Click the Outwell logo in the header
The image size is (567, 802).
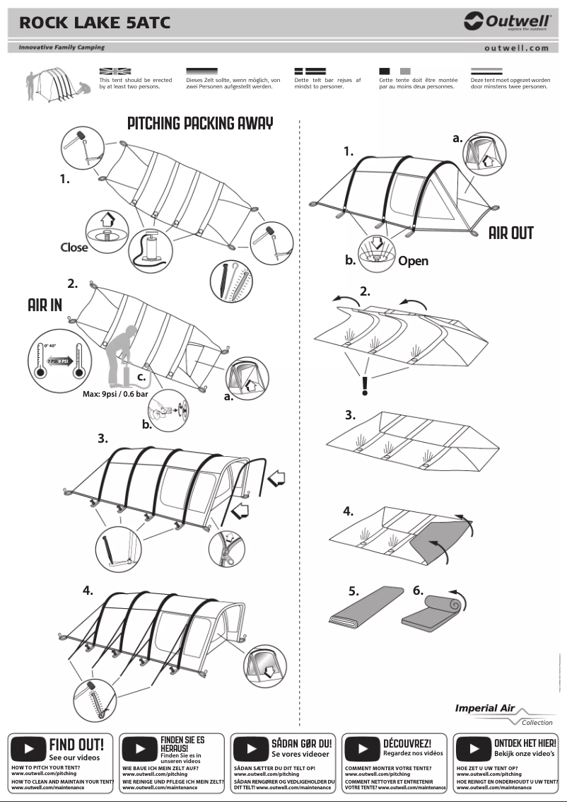pyautogui.click(x=507, y=22)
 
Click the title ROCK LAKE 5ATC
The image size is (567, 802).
pyautogui.click(x=95, y=23)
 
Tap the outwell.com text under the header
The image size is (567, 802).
pyautogui.click(x=516, y=48)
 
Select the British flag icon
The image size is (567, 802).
pyautogui.click(x=115, y=71)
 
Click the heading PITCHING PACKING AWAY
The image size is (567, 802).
pyautogui.click(x=200, y=124)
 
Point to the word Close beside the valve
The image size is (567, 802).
pyautogui.click(x=74, y=248)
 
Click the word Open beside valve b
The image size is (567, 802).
pyautogui.click(x=413, y=260)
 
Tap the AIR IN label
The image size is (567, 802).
pyautogui.click(x=45, y=306)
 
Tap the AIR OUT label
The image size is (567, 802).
pyautogui.click(x=510, y=233)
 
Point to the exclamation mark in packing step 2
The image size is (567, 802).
pyautogui.click(x=365, y=385)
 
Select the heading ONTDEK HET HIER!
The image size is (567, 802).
pyautogui.click(x=525, y=743)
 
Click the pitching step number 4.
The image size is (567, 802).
pyautogui.click(x=87, y=588)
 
